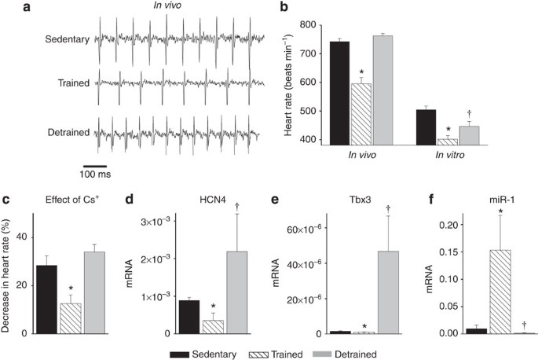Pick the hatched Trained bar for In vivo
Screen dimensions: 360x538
(x=361, y=114)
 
